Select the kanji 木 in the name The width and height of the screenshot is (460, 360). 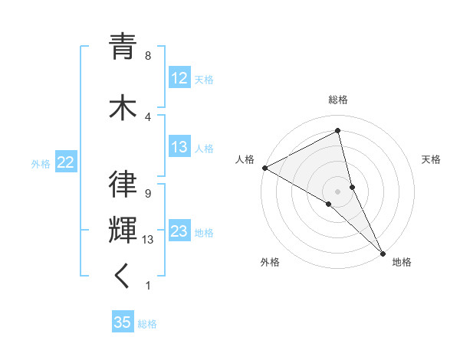tap(123, 106)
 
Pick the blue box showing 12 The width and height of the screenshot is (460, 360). tap(179, 79)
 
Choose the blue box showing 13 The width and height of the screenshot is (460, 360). tap(179, 148)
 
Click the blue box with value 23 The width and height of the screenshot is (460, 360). tap(179, 231)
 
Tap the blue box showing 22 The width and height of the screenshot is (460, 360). tap(65, 162)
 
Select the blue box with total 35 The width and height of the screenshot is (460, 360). tap(123, 322)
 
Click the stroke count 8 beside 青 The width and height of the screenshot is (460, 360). tap(147, 56)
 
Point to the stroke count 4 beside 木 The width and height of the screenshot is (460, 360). tap(147, 116)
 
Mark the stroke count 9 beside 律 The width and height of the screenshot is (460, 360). tap(147, 194)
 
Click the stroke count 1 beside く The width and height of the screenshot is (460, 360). tap(147, 286)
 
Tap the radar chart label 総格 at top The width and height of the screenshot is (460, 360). tap(338, 100)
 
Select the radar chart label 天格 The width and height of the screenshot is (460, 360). tap(431, 159)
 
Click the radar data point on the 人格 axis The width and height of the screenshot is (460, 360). tap(264, 168)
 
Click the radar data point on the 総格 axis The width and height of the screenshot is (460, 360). tap(338, 131)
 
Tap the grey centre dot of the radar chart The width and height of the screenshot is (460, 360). tap(337, 191)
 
